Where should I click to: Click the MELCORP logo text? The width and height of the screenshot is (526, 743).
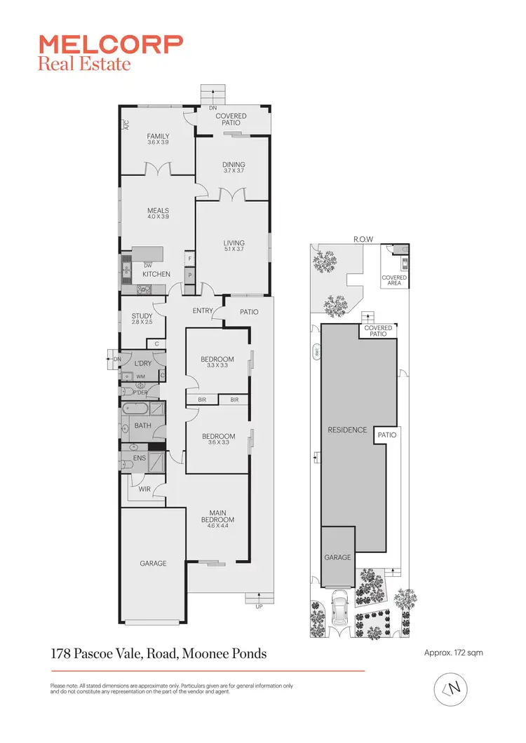click(111, 45)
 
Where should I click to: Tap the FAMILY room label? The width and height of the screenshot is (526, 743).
click(159, 136)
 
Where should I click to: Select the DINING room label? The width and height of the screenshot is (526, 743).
click(234, 165)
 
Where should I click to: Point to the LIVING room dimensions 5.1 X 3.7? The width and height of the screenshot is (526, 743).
click(234, 250)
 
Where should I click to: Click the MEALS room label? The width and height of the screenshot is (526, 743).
click(158, 210)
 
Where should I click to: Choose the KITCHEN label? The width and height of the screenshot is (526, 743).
click(156, 274)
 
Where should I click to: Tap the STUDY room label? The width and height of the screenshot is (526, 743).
click(142, 316)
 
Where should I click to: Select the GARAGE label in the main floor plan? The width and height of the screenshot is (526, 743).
click(152, 563)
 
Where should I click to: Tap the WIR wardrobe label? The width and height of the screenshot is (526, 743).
click(144, 489)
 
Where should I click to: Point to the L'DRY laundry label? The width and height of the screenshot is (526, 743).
click(142, 363)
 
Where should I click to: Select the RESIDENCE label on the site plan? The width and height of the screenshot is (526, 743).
click(348, 430)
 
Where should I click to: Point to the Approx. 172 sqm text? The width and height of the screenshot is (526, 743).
click(454, 653)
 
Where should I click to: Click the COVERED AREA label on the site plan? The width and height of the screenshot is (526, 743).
click(394, 280)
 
